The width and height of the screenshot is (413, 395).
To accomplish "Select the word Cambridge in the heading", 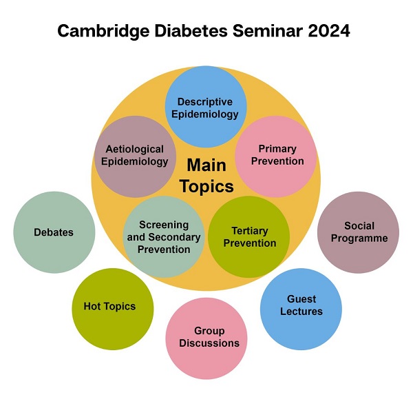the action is [103, 32].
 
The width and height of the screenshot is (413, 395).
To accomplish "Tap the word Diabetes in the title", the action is [191, 31].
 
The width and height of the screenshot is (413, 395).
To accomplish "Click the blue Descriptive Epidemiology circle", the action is [206, 107].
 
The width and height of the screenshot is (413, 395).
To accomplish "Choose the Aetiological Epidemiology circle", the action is [135, 156].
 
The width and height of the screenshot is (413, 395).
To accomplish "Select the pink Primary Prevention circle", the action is [276, 156].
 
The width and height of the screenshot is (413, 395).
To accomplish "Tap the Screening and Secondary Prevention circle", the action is [164, 236].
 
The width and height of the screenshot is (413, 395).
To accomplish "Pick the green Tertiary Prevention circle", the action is [249, 236].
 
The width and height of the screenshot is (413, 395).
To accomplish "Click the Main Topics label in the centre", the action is [206, 176].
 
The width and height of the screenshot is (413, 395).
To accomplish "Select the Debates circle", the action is [54, 232].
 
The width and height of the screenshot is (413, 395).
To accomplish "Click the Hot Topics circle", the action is [113, 310].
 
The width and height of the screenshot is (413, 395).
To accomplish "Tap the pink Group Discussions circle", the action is [206, 338].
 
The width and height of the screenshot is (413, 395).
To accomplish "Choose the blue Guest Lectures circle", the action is [301, 310].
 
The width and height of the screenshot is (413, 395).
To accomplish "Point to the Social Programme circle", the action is [358, 232].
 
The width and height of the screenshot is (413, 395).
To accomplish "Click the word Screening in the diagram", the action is [164, 225].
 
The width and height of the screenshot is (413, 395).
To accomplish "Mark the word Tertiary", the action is [250, 231].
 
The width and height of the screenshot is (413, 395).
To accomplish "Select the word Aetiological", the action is [135, 150].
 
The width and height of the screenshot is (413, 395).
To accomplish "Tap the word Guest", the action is [301, 299].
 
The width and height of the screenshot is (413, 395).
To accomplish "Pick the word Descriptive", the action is [205, 102].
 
